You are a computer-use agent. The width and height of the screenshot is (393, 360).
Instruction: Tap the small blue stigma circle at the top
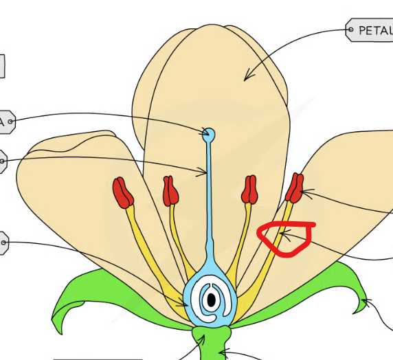pos(209,133)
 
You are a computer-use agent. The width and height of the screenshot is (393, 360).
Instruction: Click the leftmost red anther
pos(124,192)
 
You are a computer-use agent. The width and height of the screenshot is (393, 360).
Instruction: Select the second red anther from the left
pos(170,191)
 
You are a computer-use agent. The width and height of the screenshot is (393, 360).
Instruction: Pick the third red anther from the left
pos(249,190)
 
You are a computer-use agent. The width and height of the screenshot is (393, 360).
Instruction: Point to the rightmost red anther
pos(295,188)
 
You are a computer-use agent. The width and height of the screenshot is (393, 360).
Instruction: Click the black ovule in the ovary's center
pos(212,300)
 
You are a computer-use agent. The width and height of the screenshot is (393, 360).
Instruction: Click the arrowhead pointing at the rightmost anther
pos(302,194)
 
